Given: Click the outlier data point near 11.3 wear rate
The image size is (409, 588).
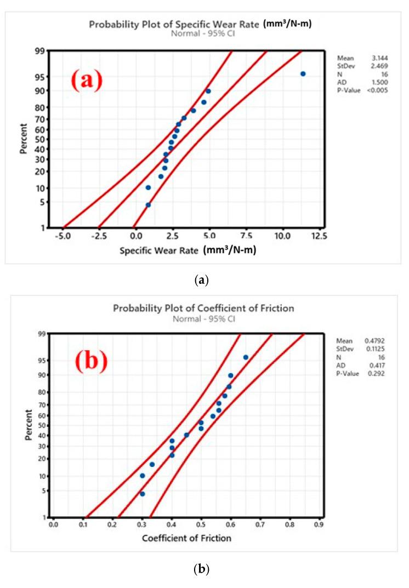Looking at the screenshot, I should pyautogui.click(x=303, y=73).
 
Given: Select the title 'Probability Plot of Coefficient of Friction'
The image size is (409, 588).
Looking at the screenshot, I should pyautogui.click(x=203, y=308).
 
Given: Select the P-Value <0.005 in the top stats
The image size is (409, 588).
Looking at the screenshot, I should pyautogui.click(x=378, y=90).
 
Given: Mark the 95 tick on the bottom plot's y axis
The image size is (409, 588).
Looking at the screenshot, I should pyautogui.click(x=42, y=360).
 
